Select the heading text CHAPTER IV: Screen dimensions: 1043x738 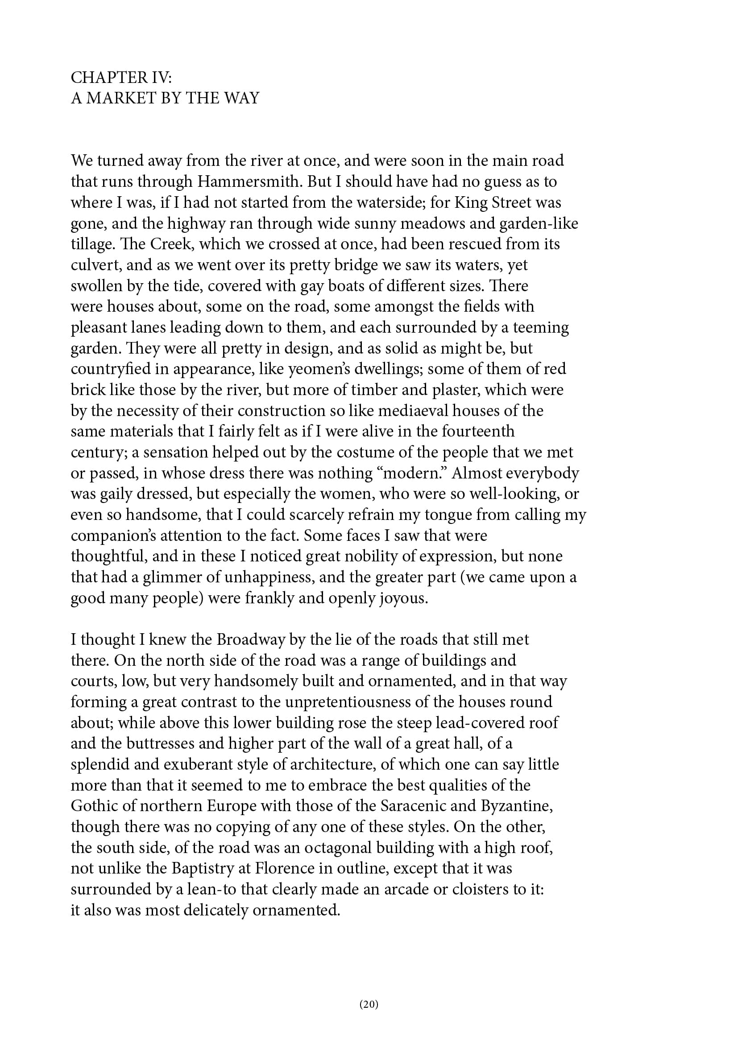pos(121,78)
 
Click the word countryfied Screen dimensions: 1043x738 pos(109,369)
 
